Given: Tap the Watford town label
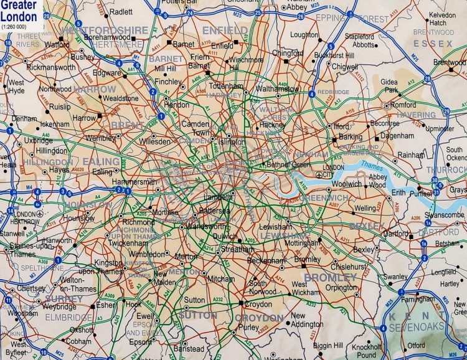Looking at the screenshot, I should click(x=57, y=45).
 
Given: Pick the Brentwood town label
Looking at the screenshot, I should click(x=450, y=63).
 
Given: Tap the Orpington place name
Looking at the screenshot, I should click(x=342, y=288).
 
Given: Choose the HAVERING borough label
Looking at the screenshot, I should click(x=417, y=115).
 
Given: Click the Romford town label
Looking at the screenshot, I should click(x=403, y=105).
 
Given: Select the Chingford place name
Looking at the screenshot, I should click(x=287, y=54).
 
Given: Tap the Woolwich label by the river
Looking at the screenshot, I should click(x=346, y=184).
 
